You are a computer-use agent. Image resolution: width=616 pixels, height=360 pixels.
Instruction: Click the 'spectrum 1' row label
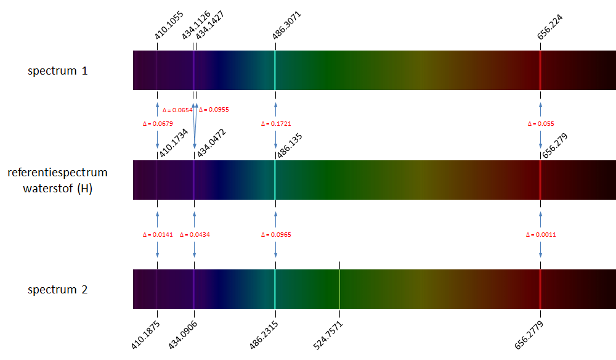pos(58,71)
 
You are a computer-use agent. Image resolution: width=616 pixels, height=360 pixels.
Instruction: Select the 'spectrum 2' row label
pos(58,290)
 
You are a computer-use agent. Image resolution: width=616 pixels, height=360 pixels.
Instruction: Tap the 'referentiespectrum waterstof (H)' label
pos(58,180)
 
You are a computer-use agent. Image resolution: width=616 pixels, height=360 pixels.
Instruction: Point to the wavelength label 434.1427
pos(210,25)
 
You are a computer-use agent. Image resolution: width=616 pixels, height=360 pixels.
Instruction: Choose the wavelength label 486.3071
pos(288,25)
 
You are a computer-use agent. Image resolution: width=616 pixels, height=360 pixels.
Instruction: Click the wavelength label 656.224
pos(550,27)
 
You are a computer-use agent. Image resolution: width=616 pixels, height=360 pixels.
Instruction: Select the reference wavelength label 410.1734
pos(173,142)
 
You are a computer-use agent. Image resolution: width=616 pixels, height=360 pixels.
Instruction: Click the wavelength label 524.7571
pos(328,335)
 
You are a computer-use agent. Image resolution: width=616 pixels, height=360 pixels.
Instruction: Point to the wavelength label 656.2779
pos(529,335)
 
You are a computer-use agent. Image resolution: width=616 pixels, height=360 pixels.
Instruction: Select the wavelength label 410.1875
pos(146,335)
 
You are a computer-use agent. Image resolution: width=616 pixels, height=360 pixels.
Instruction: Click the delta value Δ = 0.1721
pos(276,124)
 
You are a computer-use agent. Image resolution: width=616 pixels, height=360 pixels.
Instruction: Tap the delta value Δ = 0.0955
pos(214,110)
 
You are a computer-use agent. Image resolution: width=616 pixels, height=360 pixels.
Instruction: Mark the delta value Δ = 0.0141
pos(158,235)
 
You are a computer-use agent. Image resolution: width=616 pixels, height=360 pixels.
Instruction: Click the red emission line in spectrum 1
pos(540,70)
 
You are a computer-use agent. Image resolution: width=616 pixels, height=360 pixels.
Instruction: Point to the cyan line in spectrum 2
pos(275,289)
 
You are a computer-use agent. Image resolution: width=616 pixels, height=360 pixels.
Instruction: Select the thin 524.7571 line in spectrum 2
pos(339,289)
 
